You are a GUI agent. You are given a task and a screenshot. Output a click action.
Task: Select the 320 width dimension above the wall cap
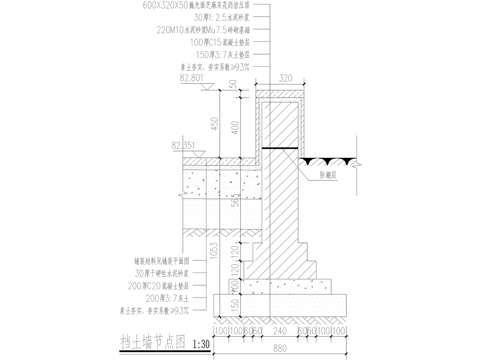click(286, 76)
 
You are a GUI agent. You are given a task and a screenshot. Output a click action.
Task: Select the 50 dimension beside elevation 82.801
click(232, 86)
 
